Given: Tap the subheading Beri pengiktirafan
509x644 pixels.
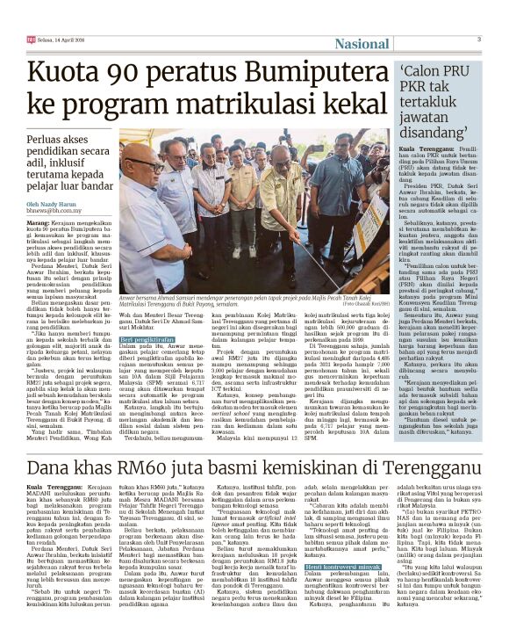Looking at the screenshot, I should pyautogui.click(x=145, y=338).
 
